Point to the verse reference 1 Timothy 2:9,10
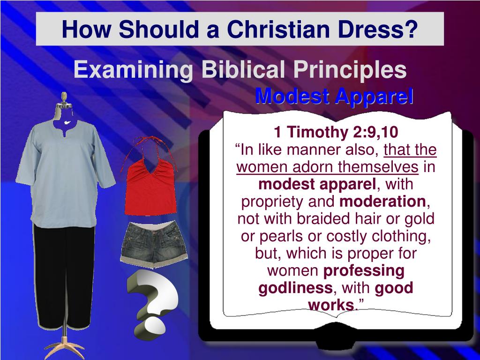click(x=336, y=133)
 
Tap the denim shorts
click(x=154, y=244)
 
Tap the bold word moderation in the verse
click(x=382, y=202)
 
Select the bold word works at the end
click(x=330, y=305)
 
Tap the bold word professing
click(x=363, y=270)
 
